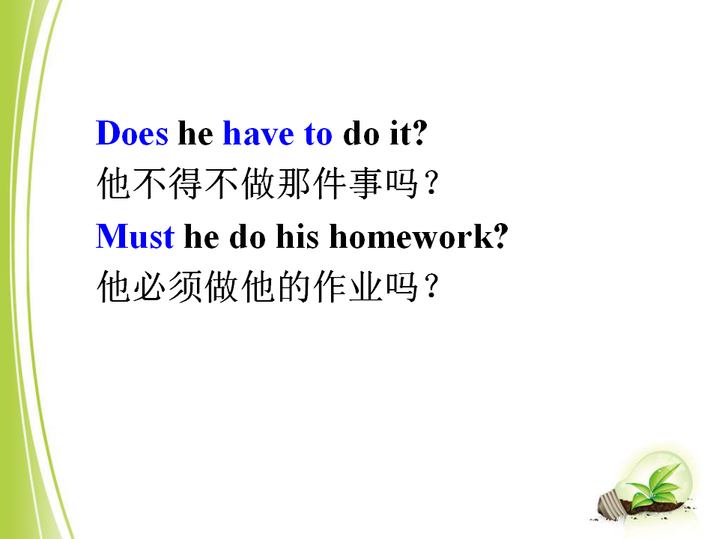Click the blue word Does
point(132,133)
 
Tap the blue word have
point(258,133)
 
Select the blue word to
point(318,134)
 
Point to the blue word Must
point(135,237)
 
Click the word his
point(297,237)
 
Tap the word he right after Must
point(201,237)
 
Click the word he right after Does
point(195,133)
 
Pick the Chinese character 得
point(186,183)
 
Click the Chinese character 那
point(294,183)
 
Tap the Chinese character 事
point(366,183)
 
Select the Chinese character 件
point(330,183)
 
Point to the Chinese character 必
point(150,287)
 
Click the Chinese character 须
point(186,287)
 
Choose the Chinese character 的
point(294,287)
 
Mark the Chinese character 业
point(366,287)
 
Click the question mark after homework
point(501,237)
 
